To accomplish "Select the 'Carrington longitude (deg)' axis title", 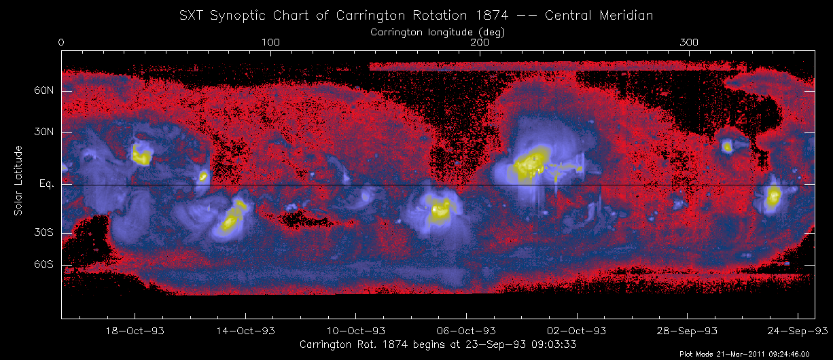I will tap(438, 32).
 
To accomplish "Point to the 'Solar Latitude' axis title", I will tap(19, 181).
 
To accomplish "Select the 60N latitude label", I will tap(46, 91).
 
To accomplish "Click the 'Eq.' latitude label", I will tap(47, 184).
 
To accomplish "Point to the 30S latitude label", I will tap(46, 232).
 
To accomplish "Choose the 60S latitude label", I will tap(46, 265).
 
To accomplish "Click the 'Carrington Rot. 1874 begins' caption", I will tap(438, 344).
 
